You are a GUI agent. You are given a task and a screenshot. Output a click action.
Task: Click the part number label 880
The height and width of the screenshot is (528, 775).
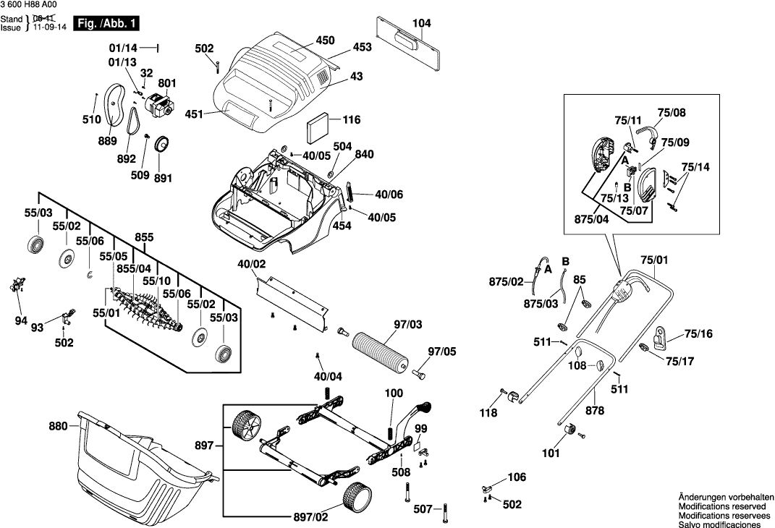click(x=58, y=426)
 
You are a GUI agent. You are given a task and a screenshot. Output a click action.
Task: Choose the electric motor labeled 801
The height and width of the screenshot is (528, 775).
click(x=158, y=107)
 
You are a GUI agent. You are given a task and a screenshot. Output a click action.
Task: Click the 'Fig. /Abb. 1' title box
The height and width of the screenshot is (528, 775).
click(x=108, y=24)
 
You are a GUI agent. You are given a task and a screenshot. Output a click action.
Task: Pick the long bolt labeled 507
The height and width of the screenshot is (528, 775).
click(x=444, y=511)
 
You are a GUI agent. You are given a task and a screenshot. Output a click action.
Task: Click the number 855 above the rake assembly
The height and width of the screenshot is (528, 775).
click(x=144, y=237)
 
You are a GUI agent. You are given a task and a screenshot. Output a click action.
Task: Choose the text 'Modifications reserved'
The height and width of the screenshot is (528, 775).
click(x=724, y=508)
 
